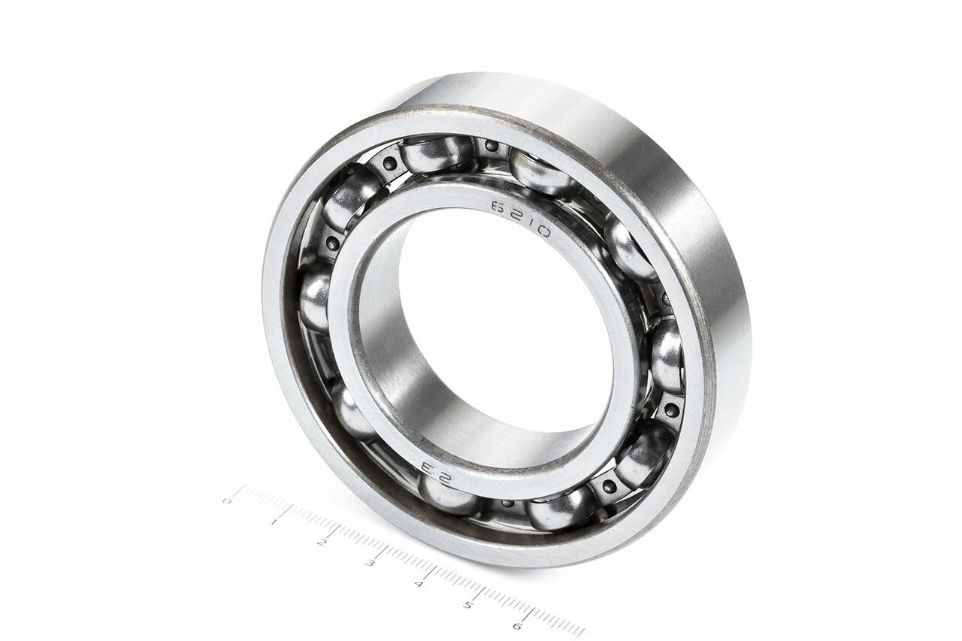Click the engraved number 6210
coord(520,219)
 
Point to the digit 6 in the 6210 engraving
coord(497,205)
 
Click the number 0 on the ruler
coord(227,500)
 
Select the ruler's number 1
coord(274,521)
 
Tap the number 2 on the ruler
coord(322,542)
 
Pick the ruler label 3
coord(370,563)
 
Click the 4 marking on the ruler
coord(419,584)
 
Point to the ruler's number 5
coord(467,605)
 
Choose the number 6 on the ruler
coord(517,625)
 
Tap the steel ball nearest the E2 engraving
coord(448,496)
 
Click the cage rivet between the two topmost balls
coord(492,146)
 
